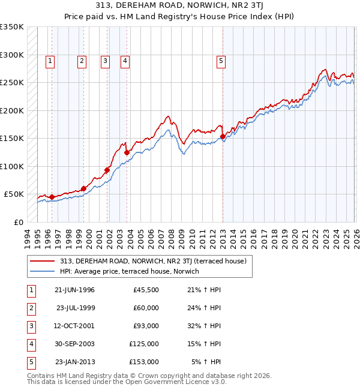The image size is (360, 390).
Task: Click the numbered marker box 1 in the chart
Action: point(50,60)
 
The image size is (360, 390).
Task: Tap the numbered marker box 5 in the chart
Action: point(221,60)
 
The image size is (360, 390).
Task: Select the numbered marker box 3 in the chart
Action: point(105,60)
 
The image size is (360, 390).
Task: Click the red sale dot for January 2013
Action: point(223,137)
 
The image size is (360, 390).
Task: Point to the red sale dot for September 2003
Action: point(127,152)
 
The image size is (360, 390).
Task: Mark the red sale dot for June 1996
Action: point(52,197)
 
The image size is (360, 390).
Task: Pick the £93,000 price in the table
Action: point(146,326)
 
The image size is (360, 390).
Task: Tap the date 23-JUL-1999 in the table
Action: point(75,308)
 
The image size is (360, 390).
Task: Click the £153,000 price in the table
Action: point(144,362)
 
